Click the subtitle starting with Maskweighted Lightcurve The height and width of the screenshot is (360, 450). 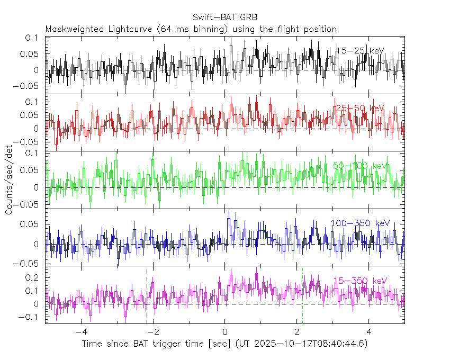191,29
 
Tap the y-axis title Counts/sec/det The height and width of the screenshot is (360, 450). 9,181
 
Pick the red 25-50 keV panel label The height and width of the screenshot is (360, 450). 359,108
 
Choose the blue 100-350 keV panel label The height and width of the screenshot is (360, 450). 360,223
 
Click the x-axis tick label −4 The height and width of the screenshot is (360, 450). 81,333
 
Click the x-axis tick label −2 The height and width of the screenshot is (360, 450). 152,333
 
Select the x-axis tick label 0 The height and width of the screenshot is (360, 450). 225,333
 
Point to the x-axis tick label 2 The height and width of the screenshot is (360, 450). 297,333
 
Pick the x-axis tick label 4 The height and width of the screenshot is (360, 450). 369,333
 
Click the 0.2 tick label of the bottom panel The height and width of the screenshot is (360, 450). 33,277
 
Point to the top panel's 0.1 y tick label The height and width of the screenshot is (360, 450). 33,38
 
